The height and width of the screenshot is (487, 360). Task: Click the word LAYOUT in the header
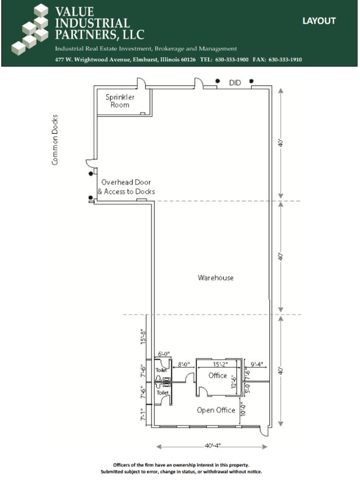point(319,21)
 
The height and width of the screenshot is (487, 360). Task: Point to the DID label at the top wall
point(235,82)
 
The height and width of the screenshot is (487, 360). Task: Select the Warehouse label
point(215,278)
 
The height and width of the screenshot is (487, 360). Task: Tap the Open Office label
point(216,410)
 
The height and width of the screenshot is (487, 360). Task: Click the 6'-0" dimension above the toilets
point(164,354)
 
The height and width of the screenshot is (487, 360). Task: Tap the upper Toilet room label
point(161,370)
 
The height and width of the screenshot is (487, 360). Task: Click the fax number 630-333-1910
point(285,60)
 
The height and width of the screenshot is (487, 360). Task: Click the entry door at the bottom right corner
point(262,430)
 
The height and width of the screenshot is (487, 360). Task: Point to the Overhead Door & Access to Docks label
point(126,187)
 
